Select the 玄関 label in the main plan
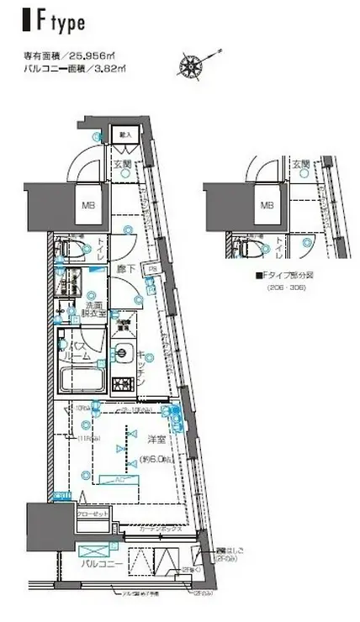tap(122, 164)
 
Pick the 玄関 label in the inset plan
tap(301, 164)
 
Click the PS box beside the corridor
tap(153, 269)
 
